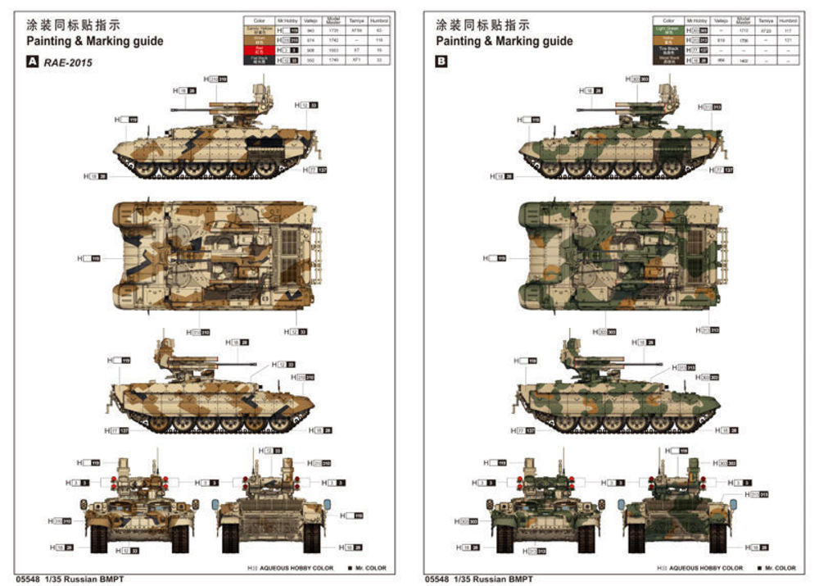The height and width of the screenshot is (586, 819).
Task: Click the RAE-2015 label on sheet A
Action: point(68,61)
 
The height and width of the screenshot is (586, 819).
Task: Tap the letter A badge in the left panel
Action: point(33,61)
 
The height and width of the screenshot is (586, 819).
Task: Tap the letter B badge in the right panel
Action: point(442,61)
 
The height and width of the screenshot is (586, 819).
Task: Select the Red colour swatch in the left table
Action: point(259,50)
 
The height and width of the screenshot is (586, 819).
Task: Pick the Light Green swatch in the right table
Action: point(668,30)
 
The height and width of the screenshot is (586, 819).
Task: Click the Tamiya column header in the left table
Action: point(355,20)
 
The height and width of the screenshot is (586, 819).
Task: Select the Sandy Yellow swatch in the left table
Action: point(259,30)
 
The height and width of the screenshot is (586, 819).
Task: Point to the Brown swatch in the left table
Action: point(259,40)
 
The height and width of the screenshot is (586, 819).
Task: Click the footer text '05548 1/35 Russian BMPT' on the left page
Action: point(69,579)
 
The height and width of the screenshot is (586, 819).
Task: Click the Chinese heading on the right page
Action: point(482,25)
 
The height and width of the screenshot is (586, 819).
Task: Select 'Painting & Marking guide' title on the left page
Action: point(94,41)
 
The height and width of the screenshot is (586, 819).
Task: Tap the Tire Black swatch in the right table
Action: point(668,50)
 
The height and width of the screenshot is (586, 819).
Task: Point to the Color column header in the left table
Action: point(259,20)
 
